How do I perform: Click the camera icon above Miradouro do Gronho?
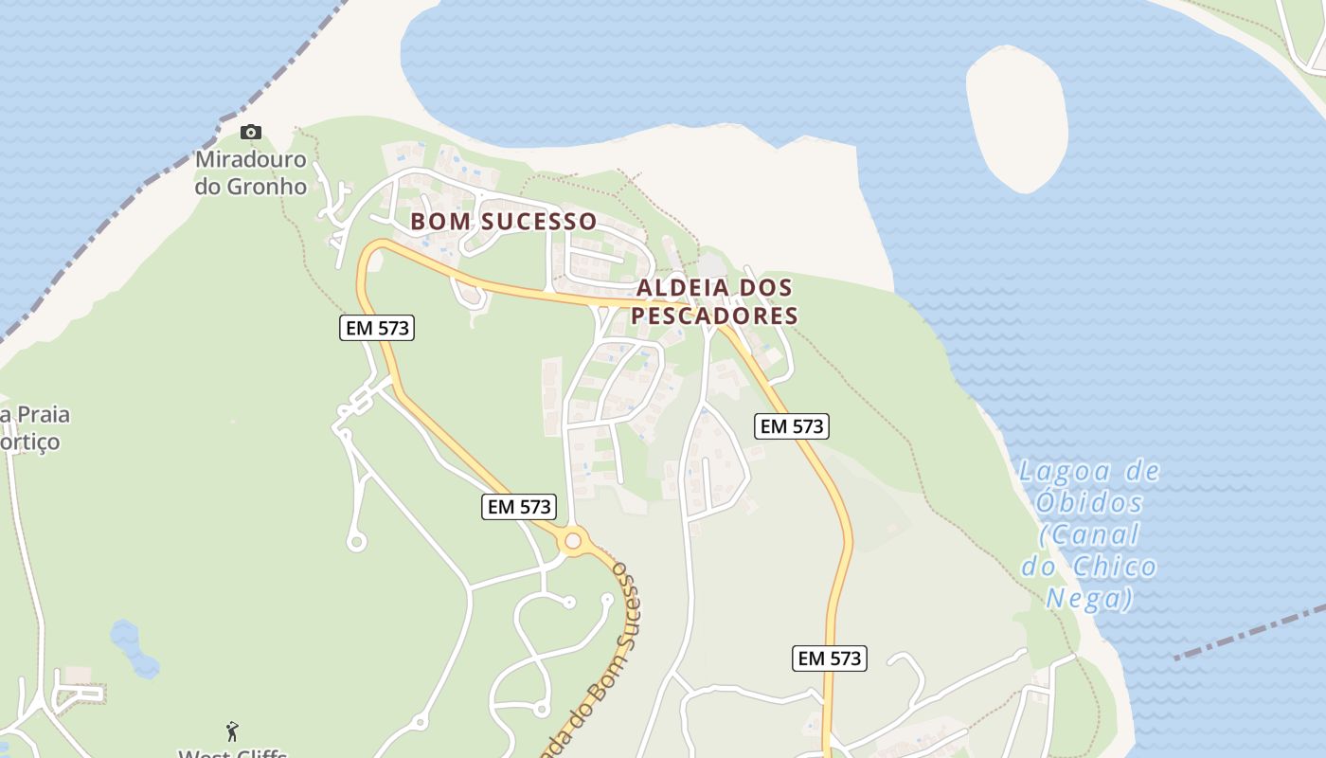click(x=251, y=133)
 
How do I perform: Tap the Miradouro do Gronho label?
click(x=251, y=172)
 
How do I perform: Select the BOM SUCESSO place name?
click(x=503, y=222)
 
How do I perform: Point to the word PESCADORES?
click(x=715, y=316)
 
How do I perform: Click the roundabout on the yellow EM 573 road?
click(x=572, y=541)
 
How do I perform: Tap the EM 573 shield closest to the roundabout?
click(x=518, y=507)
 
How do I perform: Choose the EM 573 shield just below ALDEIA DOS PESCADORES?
click(x=792, y=426)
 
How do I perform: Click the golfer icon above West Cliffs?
click(x=233, y=731)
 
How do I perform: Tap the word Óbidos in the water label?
click(x=1090, y=502)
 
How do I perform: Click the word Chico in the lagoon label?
click(x=1116, y=567)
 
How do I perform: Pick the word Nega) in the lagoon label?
click(x=1089, y=599)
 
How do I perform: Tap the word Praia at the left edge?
click(x=35, y=415)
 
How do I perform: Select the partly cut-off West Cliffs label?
click(x=233, y=752)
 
